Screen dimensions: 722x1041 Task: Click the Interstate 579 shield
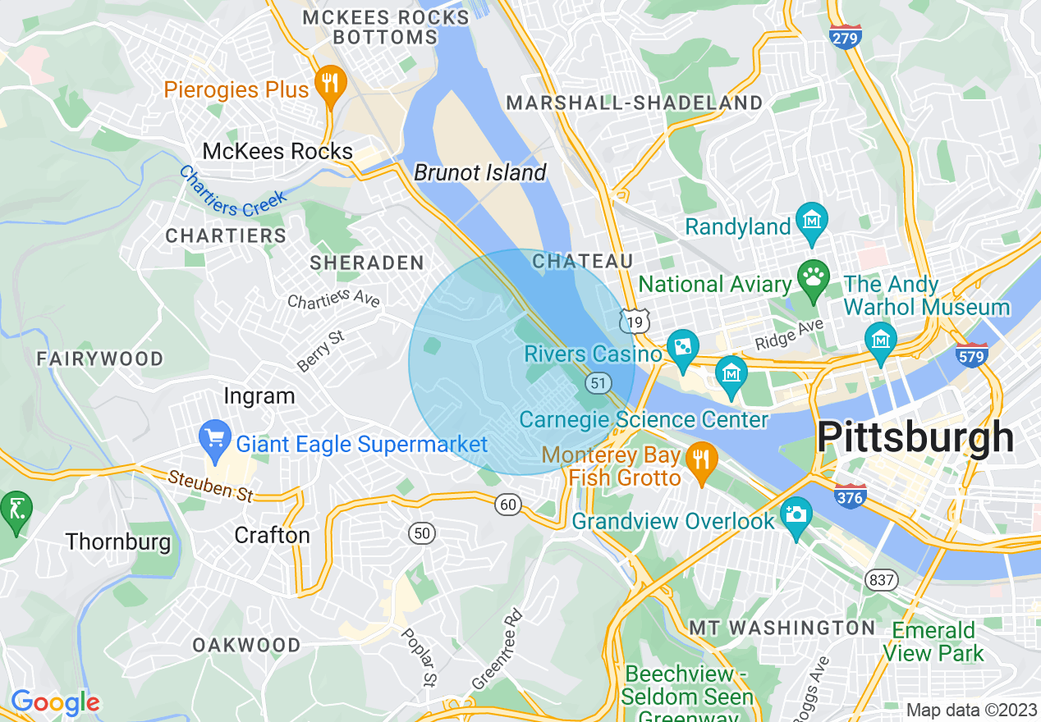point(971,354)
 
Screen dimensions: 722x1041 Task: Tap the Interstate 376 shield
point(850,495)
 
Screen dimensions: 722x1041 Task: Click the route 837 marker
point(880,580)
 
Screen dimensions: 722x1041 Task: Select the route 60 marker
point(509,505)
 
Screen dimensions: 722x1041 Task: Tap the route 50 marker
point(422,534)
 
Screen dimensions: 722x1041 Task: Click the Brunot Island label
point(479,172)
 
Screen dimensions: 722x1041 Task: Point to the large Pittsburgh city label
point(915,437)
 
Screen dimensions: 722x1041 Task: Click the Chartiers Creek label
point(233,192)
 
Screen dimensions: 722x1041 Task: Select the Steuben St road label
point(211,486)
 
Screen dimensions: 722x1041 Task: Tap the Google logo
point(55,701)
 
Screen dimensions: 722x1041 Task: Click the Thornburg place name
point(118,541)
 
